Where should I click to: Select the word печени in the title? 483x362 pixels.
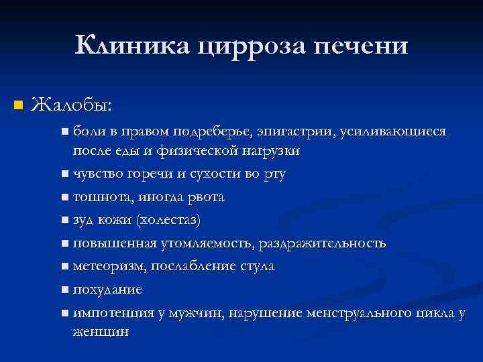point(360,46)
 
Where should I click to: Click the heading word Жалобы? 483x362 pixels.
point(72,105)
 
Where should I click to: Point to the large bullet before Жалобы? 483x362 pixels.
point(18,106)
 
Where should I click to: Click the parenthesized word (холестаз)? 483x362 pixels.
point(168,220)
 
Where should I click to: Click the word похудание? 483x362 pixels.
point(107,290)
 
